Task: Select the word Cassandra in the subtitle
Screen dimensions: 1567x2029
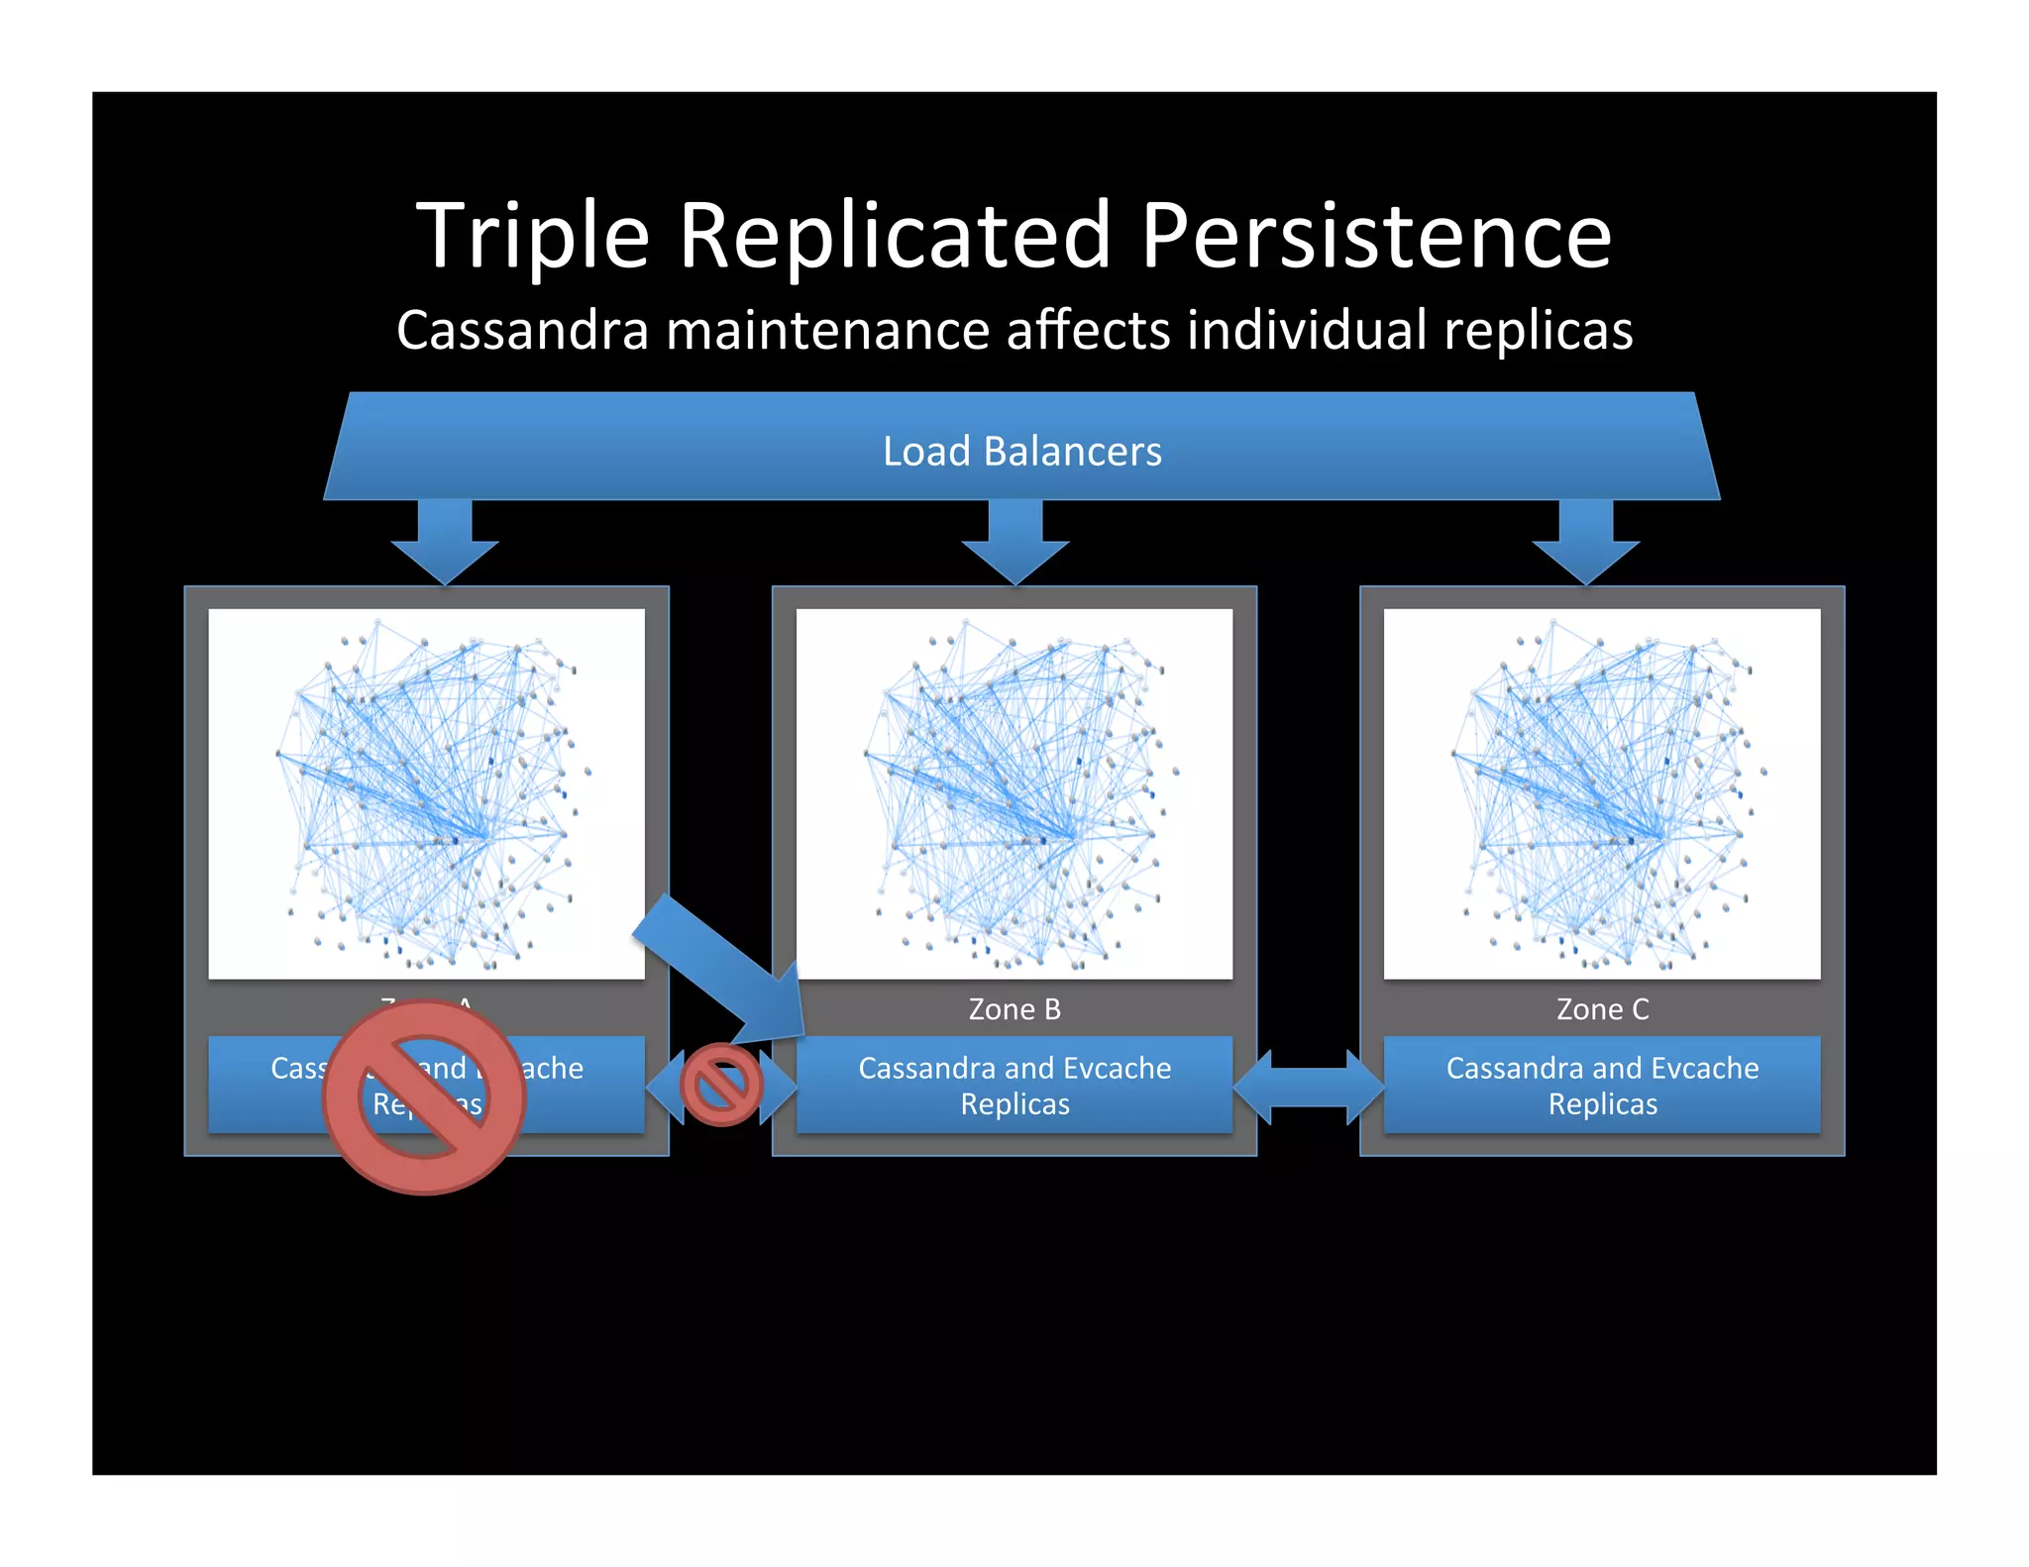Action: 522,330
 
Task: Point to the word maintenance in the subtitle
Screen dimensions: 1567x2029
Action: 827,330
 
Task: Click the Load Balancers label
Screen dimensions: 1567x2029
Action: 1021,452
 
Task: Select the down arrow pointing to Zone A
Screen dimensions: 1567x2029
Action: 445,541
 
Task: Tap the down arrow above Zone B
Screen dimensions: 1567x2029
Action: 1015,541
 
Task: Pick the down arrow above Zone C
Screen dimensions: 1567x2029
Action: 1586,541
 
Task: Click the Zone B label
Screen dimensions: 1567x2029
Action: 1014,1009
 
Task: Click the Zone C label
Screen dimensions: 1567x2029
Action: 1602,1009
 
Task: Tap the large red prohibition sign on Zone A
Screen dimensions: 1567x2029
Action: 424,1097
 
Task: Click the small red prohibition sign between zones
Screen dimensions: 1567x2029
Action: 721,1086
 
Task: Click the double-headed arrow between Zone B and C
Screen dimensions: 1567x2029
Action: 1308,1087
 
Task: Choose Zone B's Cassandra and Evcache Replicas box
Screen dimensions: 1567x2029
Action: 1014,1085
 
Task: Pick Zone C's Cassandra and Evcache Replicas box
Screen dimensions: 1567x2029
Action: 1602,1085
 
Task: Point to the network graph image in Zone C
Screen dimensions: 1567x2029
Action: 1602,793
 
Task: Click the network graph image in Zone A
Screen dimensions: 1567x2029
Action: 426,793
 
